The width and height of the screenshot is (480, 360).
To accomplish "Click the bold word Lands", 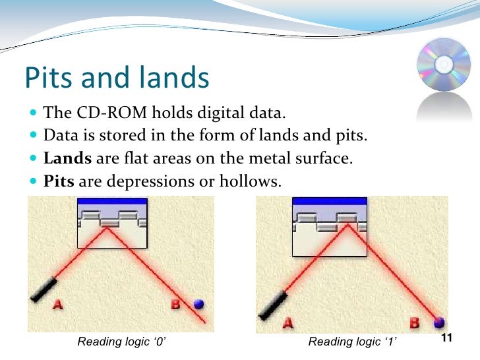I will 69,158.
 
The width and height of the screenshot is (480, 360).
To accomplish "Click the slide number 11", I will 446,338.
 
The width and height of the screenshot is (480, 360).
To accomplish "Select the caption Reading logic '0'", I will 125,342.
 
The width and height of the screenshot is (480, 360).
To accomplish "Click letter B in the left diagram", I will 176,305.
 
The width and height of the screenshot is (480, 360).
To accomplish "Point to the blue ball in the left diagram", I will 198,304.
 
